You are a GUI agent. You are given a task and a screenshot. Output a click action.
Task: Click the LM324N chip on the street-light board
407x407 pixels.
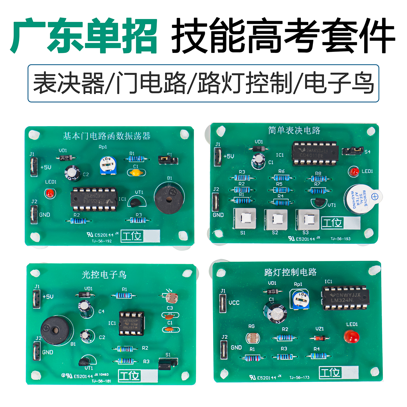click(x=345, y=298)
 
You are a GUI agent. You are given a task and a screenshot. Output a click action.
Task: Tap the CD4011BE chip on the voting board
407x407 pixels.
click(x=315, y=153)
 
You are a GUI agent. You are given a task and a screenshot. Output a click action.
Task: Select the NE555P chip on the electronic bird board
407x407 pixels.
click(x=131, y=323)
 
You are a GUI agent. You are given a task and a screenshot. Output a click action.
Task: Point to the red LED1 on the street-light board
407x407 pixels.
click(x=351, y=336)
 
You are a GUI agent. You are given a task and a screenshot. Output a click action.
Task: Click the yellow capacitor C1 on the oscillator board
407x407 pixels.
click(x=135, y=173)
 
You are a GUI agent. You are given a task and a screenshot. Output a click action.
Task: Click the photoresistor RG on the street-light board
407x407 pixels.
click(x=252, y=338)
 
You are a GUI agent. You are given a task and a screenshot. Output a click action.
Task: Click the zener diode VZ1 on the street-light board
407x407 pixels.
click(x=319, y=338)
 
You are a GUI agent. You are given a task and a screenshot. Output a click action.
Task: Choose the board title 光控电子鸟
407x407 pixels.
click(x=104, y=275)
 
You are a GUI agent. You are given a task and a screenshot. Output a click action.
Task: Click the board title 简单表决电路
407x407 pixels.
click(x=294, y=131)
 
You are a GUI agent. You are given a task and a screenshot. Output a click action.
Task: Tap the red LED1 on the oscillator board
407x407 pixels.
click(x=50, y=193)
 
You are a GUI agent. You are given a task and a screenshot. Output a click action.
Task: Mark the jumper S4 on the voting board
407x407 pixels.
click(x=352, y=151)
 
